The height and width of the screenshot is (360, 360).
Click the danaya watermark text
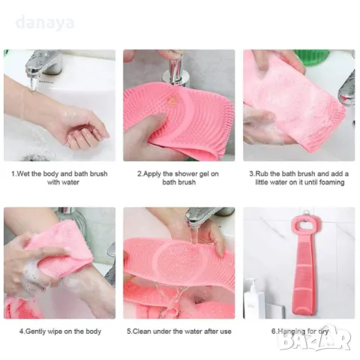(x=45, y=22)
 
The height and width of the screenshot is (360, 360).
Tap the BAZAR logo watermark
(x=315, y=338)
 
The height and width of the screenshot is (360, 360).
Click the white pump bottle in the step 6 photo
(x=253, y=298)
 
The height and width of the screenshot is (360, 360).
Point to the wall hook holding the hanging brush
(x=305, y=213)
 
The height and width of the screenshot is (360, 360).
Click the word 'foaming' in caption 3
(x=331, y=182)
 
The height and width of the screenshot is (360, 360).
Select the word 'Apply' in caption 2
(x=152, y=175)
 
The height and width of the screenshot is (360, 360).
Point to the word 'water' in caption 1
(x=70, y=182)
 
